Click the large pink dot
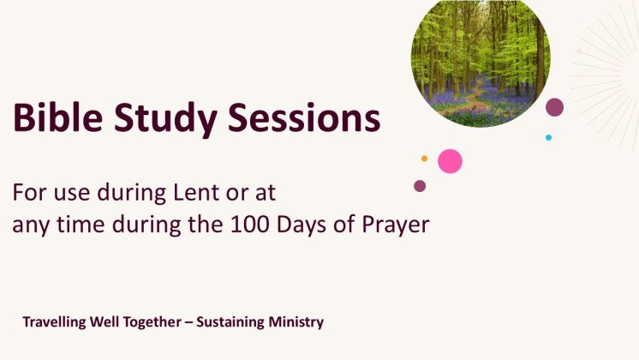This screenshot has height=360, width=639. (x=450, y=161)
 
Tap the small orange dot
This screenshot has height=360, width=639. (x=424, y=159)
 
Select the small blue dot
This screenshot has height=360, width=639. (x=548, y=137)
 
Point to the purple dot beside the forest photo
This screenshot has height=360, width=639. (x=555, y=107)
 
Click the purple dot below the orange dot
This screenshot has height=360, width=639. (x=420, y=186)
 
